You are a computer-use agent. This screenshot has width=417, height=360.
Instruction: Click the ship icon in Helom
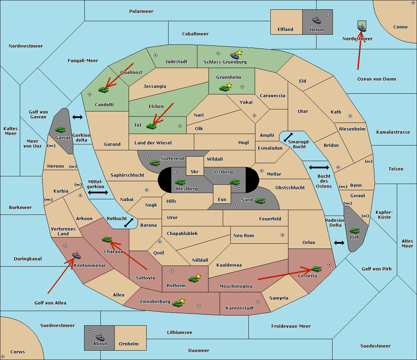(317, 20)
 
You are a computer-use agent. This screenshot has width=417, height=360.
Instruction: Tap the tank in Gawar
(60, 129)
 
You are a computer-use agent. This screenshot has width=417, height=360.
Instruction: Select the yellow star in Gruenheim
(229, 85)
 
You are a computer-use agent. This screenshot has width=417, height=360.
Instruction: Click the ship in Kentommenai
(76, 255)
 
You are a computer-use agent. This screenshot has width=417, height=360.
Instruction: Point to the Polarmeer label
(141, 11)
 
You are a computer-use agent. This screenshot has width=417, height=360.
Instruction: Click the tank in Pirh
(354, 231)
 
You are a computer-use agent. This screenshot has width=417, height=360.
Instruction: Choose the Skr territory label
(194, 171)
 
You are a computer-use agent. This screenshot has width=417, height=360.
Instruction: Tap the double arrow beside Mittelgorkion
(98, 192)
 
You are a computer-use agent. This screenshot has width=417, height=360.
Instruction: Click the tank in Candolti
(103, 90)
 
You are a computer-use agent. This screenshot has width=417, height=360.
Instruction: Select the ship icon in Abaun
(100, 337)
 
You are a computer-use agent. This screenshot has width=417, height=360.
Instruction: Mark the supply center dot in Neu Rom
(283, 235)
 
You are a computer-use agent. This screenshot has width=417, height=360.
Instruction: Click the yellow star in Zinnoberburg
(182, 301)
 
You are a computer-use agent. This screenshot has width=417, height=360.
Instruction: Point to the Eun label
(222, 199)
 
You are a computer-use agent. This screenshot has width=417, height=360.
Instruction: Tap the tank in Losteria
(316, 269)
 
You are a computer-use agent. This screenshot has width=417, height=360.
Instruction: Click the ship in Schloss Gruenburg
(235, 56)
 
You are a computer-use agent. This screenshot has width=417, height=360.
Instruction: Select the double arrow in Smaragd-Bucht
(288, 137)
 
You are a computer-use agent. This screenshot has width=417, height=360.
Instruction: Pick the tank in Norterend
(155, 163)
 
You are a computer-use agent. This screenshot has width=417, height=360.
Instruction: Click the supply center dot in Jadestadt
(156, 55)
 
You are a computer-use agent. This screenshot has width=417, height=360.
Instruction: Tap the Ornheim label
(129, 344)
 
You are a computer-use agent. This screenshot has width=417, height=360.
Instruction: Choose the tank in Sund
(260, 201)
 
